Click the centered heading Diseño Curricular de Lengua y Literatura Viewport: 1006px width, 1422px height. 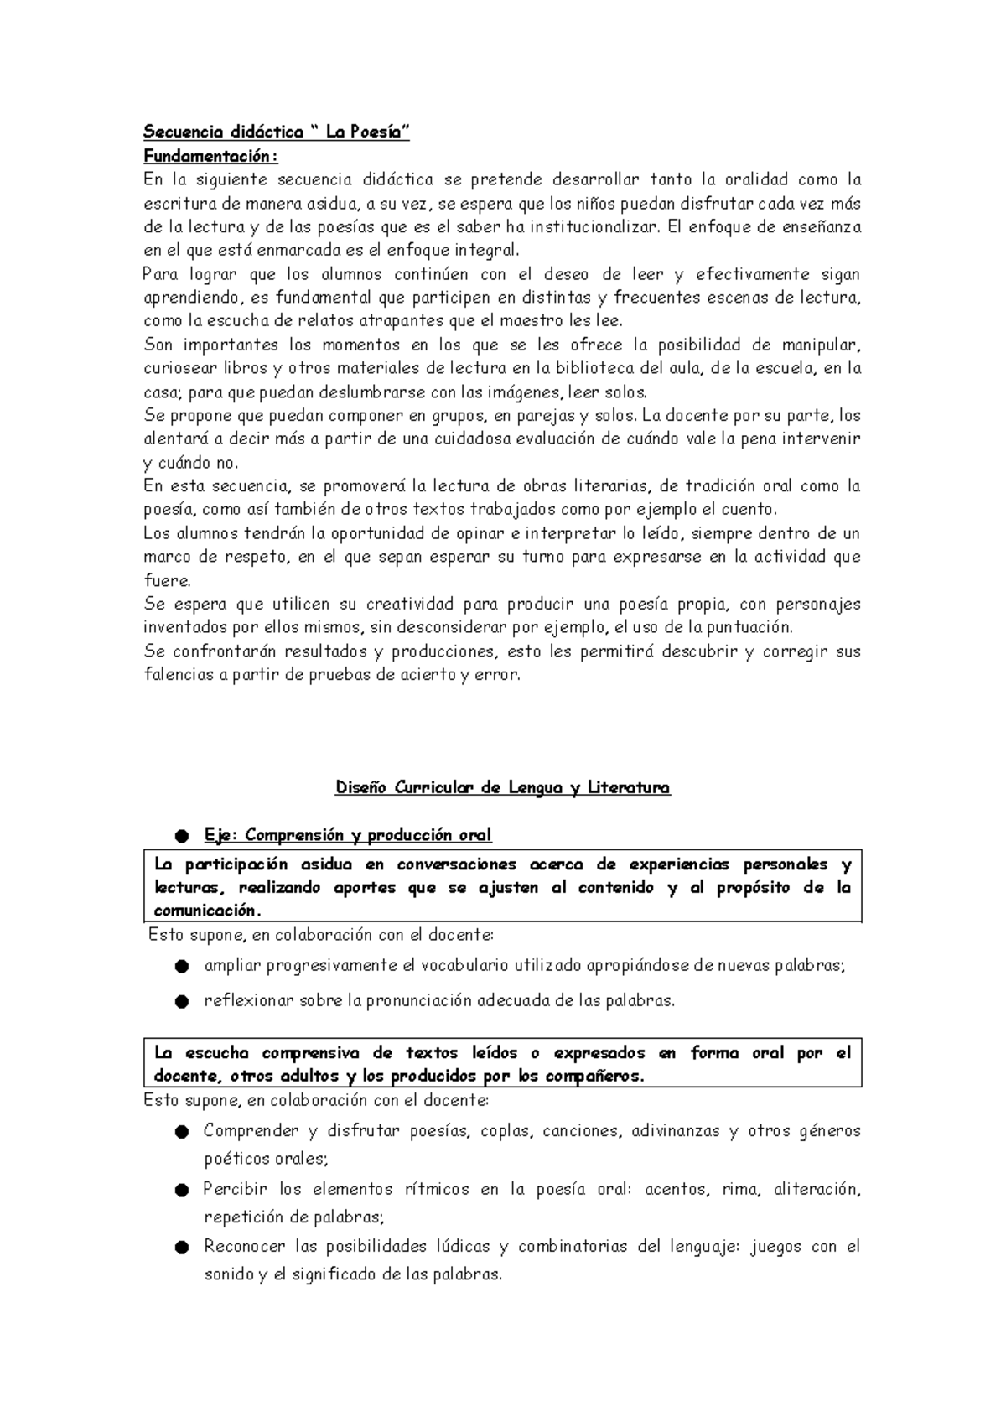pos(503,787)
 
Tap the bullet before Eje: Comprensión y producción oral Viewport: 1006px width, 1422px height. pos(182,836)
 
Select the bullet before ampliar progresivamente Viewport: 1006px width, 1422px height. pos(182,967)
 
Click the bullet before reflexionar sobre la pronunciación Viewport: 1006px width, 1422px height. pos(182,1002)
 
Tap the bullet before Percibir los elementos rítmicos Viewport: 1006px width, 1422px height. pos(182,1190)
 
